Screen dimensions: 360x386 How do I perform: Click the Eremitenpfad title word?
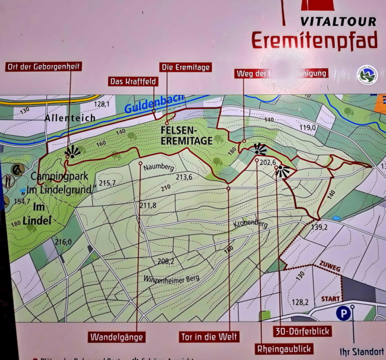pyautogui.click(x=314, y=40)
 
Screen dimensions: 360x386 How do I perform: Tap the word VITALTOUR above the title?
pyautogui.click(x=338, y=21)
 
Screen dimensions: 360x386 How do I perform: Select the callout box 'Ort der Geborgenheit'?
pyautogui.click(x=43, y=66)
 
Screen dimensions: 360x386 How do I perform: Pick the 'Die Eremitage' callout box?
pyautogui.click(x=185, y=67)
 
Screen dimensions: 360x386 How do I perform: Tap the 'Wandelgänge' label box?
pyautogui.click(x=116, y=337)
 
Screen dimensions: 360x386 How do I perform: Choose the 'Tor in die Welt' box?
pyautogui.click(x=209, y=337)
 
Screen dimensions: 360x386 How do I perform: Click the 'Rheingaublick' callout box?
pyautogui.click(x=283, y=348)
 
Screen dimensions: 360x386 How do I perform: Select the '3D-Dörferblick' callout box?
pyautogui.click(x=302, y=331)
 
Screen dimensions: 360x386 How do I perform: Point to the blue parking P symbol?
pyautogui.click(x=343, y=313)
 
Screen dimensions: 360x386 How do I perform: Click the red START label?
pyautogui.click(x=331, y=298)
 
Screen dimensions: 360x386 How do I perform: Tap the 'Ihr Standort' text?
pyautogui.click(x=361, y=351)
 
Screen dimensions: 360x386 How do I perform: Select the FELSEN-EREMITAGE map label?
pyautogui.click(x=185, y=134)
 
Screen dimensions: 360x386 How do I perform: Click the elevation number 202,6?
pyautogui.click(x=268, y=161)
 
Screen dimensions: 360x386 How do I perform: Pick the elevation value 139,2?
pyautogui.click(x=319, y=227)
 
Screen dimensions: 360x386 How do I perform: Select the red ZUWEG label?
pyautogui.click(x=330, y=268)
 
